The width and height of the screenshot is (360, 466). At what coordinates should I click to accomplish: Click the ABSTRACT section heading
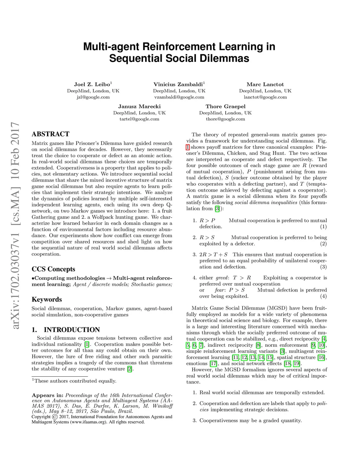[50, 134]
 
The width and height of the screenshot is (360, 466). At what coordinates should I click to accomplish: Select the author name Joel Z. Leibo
[92, 84]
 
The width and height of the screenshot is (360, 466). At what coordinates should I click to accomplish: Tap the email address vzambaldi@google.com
[179, 97]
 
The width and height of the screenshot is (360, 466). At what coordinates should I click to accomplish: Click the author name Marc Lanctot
[265, 84]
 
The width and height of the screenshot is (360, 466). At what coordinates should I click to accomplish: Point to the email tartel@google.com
[139, 119]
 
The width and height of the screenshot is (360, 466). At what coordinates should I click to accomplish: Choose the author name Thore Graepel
[225, 107]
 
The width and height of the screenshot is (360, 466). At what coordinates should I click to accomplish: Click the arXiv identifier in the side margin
[15, 225]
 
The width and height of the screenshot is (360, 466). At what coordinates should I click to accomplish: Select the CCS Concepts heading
[53, 269]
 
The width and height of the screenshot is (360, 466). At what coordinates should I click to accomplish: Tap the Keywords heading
[47, 300]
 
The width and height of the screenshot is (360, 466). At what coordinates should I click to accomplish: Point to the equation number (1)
[323, 227]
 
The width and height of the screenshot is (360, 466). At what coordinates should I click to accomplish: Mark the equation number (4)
[323, 296]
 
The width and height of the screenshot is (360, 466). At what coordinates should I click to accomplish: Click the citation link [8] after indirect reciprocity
[258, 345]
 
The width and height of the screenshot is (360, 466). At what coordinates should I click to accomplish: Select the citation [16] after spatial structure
[321, 358]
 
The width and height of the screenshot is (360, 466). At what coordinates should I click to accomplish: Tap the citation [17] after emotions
[213, 364]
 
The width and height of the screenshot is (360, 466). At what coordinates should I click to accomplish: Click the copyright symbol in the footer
[55, 417]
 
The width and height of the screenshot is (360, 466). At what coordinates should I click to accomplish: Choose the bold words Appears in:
[47, 395]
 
